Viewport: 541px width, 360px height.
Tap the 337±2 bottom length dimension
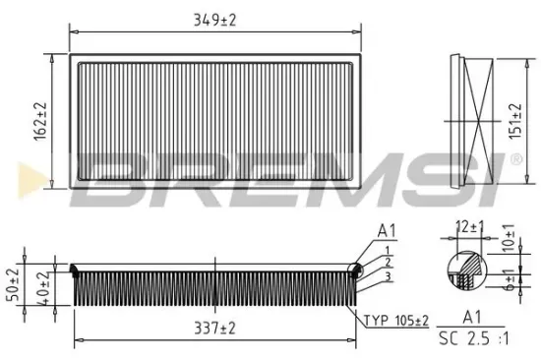(215, 327)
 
